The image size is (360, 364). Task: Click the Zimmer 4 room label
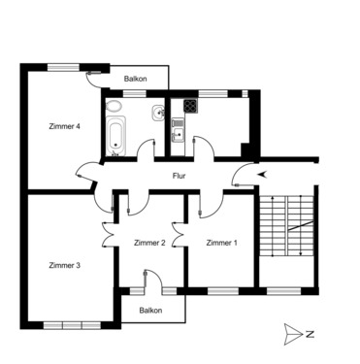tap(64, 126)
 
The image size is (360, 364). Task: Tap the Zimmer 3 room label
tap(64, 265)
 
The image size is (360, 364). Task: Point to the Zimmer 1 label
tap(220, 243)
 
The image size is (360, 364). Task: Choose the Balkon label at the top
tap(135, 79)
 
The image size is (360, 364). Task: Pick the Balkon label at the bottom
tap(149, 311)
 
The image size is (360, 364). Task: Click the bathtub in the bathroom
tap(115, 135)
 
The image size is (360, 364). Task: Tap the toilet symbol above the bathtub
tap(115, 106)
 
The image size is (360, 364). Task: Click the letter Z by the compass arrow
tap(309, 334)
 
